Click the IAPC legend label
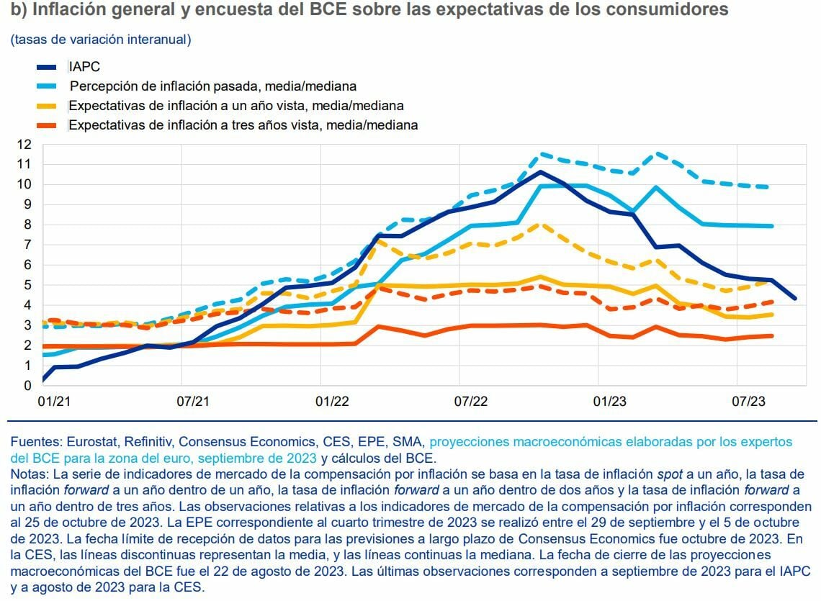click(84, 66)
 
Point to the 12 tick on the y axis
click(25, 144)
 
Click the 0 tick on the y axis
click(28, 386)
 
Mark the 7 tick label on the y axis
click(28, 245)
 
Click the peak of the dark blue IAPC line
click(541, 171)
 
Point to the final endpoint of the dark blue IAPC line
click(794, 298)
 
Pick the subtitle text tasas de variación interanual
click(102, 39)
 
